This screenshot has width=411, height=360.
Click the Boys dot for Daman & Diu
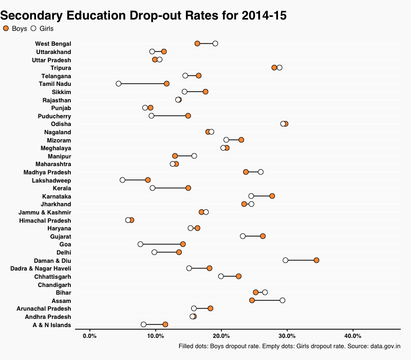[316, 260]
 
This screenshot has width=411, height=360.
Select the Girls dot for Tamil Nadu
[119, 83]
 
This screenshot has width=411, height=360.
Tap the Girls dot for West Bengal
[215, 43]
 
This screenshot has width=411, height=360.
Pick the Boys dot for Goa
[183, 244]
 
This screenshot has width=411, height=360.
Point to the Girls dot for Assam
[283, 300]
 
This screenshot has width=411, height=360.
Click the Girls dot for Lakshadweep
[122, 180]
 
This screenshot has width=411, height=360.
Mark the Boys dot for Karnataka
[272, 196]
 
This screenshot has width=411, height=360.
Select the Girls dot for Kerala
[153, 188]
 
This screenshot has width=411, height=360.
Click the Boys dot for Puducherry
[188, 116]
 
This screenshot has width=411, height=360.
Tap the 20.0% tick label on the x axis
[221, 336]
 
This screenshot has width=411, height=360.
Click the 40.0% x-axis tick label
[353, 336]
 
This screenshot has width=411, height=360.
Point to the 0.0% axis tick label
[90, 336]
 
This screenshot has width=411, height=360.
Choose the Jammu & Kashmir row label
[45, 212]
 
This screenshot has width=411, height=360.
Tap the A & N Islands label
[52, 325]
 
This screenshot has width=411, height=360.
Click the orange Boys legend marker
[6, 29]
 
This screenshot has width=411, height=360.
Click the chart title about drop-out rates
[143, 15]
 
